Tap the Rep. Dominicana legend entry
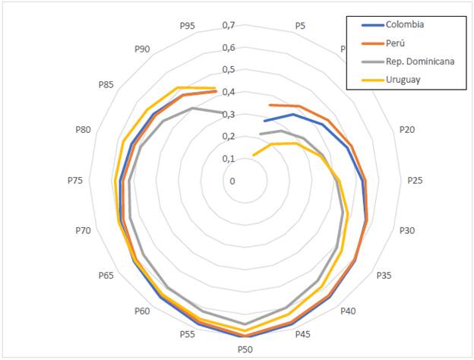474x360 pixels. [x=419, y=61]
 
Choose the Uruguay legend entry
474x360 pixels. [x=403, y=79]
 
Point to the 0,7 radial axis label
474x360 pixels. [x=228, y=25]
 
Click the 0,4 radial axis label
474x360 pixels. [x=228, y=92]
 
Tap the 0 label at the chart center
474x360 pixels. [x=232, y=181]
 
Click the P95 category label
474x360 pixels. [x=188, y=27]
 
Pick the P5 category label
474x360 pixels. [x=300, y=27]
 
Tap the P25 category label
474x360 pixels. [x=415, y=181]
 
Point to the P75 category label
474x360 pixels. [x=74, y=181]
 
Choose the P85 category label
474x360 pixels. [x=106, y=84]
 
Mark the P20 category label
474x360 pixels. [x=407, y=130]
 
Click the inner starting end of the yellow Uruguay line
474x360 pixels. [x=253, y=156]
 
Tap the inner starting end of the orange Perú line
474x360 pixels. [x=268, y=104]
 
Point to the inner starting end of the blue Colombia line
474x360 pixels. [x=264, y=121]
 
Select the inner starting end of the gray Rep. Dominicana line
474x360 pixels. [x=260, y=135]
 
